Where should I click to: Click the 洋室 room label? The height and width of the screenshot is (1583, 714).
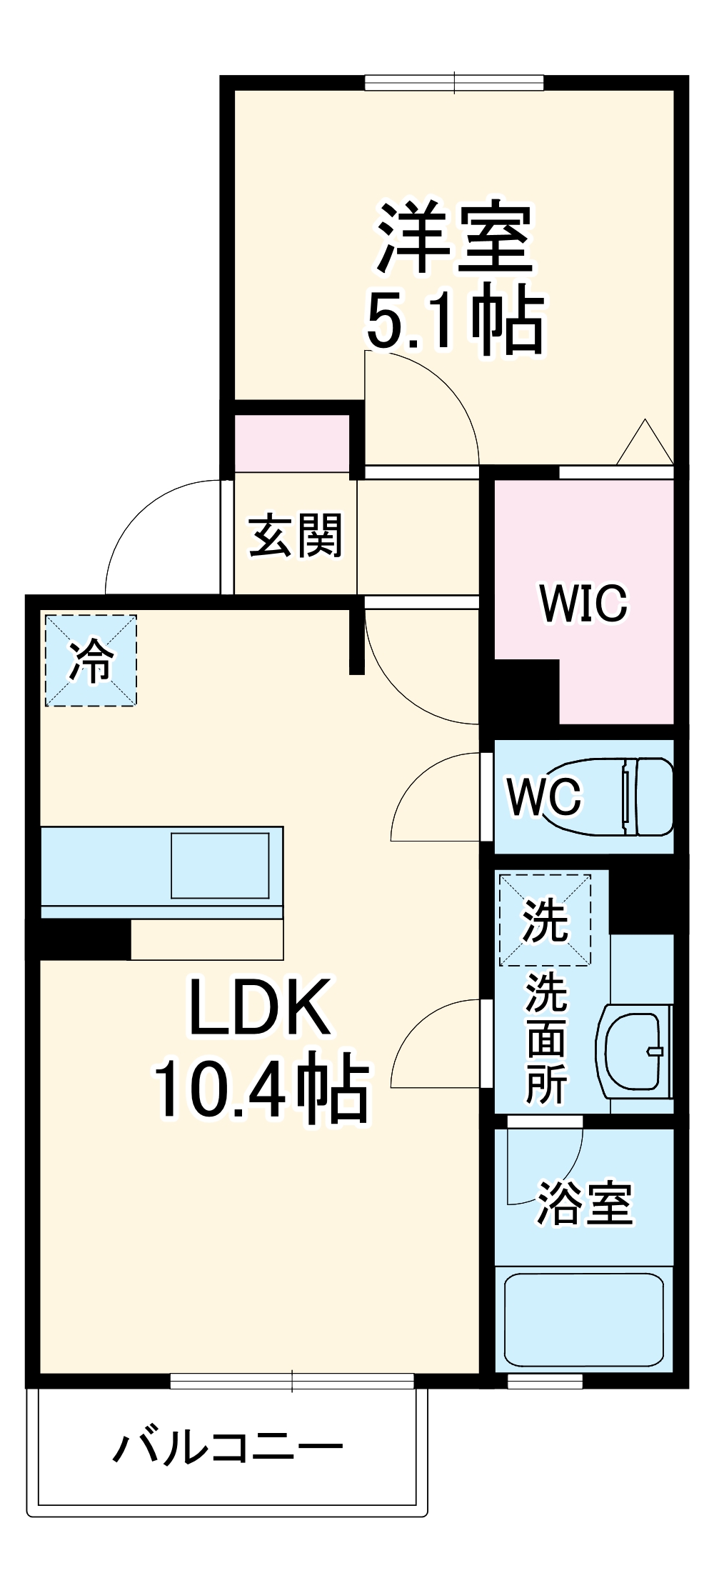pos(456,239)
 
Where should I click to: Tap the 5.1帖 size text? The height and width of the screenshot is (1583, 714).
pos(456,319)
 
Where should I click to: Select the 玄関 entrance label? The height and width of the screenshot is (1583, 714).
pos(295,534)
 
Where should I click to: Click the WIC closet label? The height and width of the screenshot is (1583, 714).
pos(583,604)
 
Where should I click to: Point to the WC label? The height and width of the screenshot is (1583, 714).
pos(544,796)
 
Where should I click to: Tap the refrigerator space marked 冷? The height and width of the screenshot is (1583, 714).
pos(91,661)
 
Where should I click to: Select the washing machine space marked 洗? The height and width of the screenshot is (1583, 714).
pos(545,920)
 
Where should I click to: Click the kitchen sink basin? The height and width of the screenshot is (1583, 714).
pos(220,864)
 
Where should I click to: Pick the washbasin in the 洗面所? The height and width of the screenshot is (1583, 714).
pos(634,1051)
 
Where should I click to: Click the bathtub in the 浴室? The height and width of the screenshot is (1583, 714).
pos(583,1319)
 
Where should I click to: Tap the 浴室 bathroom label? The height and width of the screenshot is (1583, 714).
pos(584,1203)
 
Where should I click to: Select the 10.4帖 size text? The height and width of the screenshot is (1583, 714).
pos(261,1089)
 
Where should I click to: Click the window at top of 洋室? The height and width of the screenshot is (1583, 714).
pos(455,83)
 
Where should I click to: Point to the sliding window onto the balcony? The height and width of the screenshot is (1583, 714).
pos(292,1381)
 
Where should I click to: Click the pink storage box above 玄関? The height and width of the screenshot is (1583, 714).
pos(292,443)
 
